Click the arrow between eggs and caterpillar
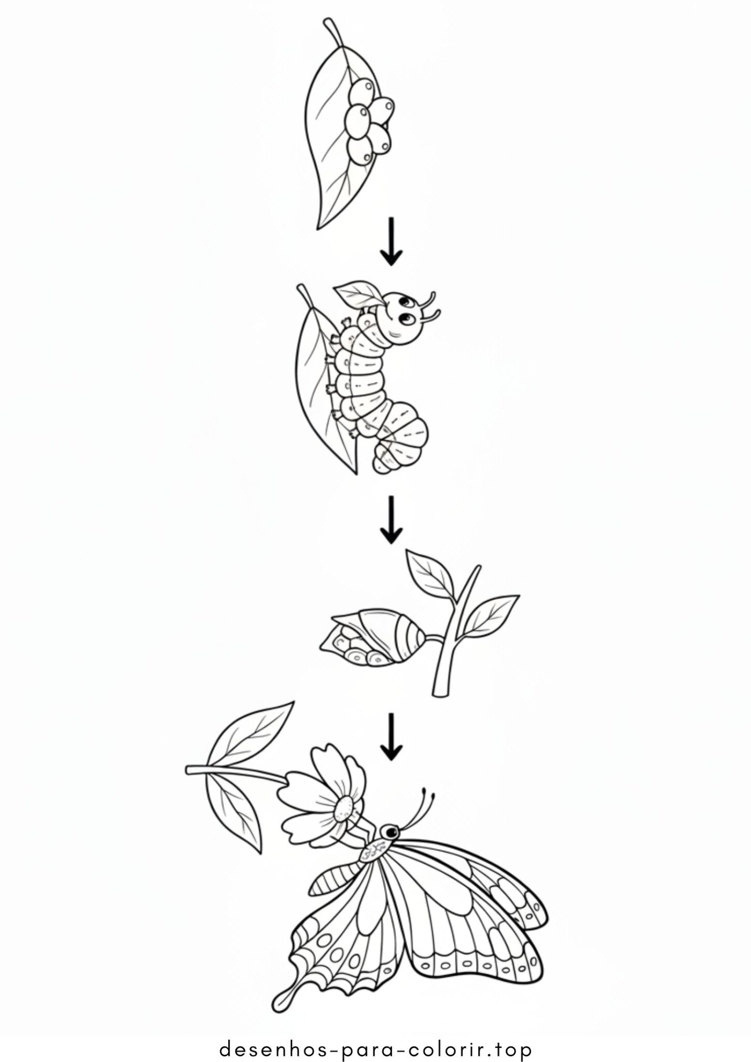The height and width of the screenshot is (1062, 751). pos(391,241)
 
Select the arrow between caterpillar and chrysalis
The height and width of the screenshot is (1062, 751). pos(391,519)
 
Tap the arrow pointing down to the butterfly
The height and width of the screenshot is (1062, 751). pos(391,736)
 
